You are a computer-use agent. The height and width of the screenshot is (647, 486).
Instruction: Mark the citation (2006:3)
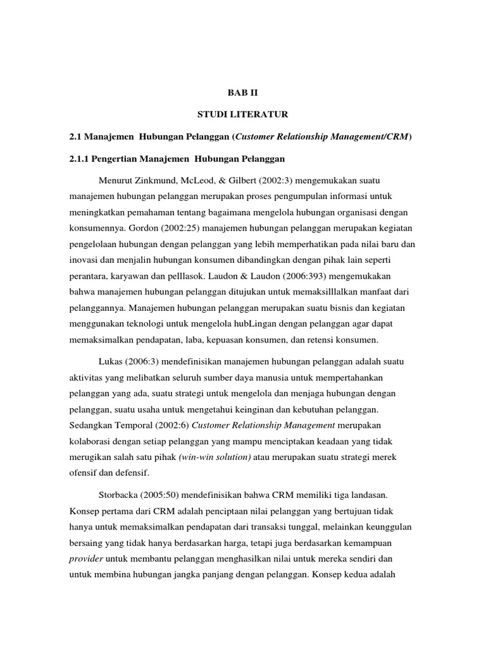pos(146,362)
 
